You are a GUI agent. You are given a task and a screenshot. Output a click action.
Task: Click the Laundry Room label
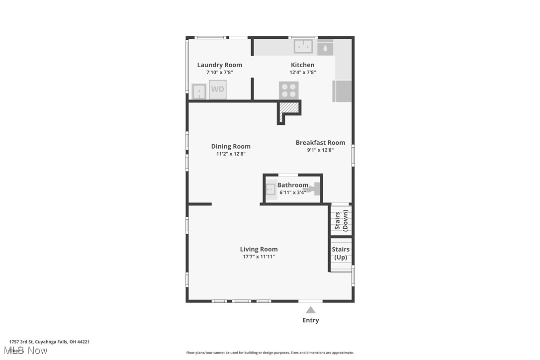[219, 65]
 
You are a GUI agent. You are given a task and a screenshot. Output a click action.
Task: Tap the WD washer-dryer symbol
[217, 90]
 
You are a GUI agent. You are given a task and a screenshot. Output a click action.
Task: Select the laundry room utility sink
[199, 91]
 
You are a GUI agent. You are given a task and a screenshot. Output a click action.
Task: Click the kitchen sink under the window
[303, 47]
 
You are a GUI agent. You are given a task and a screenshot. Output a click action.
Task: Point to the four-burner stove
[288, 90]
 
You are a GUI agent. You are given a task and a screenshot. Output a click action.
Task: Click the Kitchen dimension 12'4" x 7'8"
[303, 72]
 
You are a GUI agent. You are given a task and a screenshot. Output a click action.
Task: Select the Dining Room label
[231, 146]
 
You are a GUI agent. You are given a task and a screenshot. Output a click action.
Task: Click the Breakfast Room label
[320, 142]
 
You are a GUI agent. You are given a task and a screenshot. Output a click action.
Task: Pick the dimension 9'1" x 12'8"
[320, 150]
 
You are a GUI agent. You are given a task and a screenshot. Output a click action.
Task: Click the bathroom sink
[270, 189]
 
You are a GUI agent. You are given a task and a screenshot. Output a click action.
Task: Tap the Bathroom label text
[293, 185]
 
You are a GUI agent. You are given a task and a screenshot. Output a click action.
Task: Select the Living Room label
[259, 249]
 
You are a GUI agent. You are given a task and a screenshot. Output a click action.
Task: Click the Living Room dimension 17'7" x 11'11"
[259, 257]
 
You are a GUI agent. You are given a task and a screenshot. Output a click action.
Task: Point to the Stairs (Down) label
[341, 220]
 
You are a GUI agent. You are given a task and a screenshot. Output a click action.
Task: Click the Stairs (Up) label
[341, 253]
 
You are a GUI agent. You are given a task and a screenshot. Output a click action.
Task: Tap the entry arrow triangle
[310, 310]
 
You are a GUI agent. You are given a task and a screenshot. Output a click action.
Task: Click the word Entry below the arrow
[311, 320]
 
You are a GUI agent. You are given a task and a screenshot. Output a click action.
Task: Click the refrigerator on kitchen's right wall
[343, 91]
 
